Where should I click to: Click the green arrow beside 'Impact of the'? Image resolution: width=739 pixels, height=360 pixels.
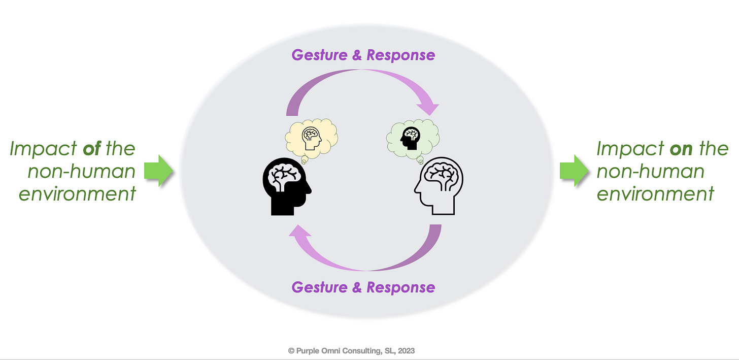click(159, 171)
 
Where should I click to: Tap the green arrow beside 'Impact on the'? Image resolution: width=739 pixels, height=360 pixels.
click(574, 171)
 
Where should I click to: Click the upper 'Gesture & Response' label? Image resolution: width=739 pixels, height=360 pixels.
click(363, 55)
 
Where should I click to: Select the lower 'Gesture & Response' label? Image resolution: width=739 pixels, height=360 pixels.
click(363, 287)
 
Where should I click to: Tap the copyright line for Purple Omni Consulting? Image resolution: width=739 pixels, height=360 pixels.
click(351, 350)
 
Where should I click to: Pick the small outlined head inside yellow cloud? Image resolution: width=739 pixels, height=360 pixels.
click(311, 138)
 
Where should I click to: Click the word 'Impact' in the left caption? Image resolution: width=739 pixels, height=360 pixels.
click(41, 149)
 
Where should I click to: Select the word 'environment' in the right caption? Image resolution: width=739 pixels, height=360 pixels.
click(655, 193)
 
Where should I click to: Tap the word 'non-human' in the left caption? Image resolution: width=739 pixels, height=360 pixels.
click(82, 171)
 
